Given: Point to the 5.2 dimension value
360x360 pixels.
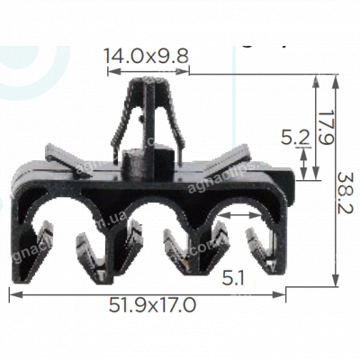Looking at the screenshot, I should tap(293, 138).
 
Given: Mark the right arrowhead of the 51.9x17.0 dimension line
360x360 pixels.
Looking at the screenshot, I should tap(284, 291).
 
